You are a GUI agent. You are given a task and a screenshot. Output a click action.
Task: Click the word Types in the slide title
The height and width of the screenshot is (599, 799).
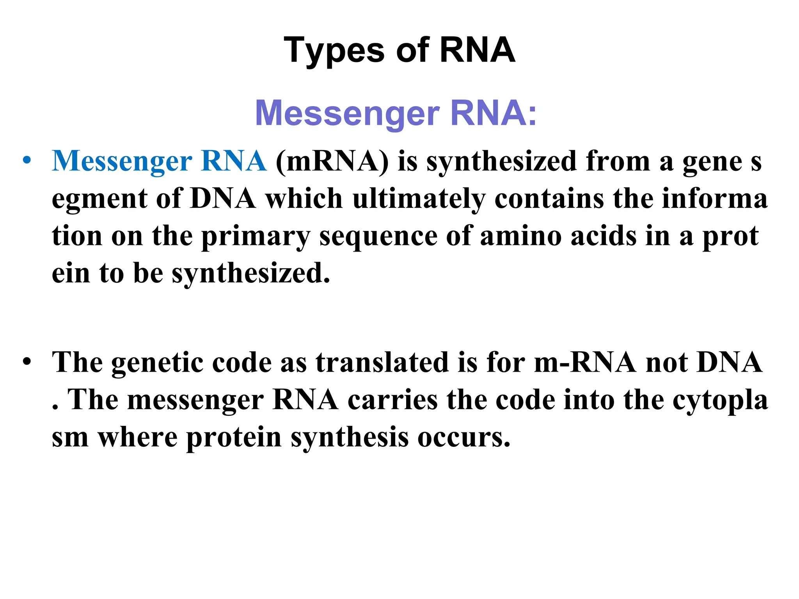[x=334, y=51]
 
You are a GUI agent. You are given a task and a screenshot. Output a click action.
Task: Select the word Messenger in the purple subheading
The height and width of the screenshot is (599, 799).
[x=347, y=113]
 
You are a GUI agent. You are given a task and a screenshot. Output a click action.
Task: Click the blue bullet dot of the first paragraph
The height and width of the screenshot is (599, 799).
[x=26, y=161]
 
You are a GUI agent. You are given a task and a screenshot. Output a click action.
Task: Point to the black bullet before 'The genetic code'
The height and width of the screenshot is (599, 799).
[x=26, y=362]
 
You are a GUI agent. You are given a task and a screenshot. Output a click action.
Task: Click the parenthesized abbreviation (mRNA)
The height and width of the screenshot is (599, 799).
[x=332, y=161]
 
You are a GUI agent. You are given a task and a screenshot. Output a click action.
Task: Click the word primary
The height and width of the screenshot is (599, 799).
[x=256, y=236]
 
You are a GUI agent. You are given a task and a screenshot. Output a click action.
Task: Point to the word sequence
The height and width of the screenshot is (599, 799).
[x=378, y=236]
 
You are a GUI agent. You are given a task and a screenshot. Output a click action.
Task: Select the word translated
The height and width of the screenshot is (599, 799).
[x=382, y=363]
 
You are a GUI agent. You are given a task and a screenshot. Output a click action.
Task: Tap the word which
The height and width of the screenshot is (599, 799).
[x=304, y=199]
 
